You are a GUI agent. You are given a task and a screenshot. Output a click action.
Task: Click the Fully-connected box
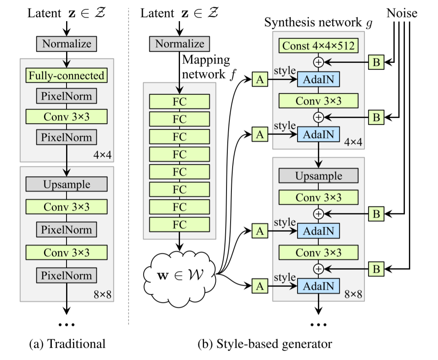67,76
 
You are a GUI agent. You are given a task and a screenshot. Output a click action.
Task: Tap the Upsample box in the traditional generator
67,184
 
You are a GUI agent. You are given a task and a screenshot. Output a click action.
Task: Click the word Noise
402,13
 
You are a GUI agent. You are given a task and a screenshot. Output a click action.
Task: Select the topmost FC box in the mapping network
180,101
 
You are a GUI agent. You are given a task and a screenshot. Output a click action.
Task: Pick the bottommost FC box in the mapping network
180,224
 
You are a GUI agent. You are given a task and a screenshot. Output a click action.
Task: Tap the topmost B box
376,62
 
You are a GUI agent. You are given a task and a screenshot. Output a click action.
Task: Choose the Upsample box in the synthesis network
318,176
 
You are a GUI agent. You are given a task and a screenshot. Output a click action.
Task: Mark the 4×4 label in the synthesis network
354,142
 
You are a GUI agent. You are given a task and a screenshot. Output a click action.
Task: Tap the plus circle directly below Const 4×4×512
318,62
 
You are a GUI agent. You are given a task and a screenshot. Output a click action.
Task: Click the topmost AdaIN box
318,80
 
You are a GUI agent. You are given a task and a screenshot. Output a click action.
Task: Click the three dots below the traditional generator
67,324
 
